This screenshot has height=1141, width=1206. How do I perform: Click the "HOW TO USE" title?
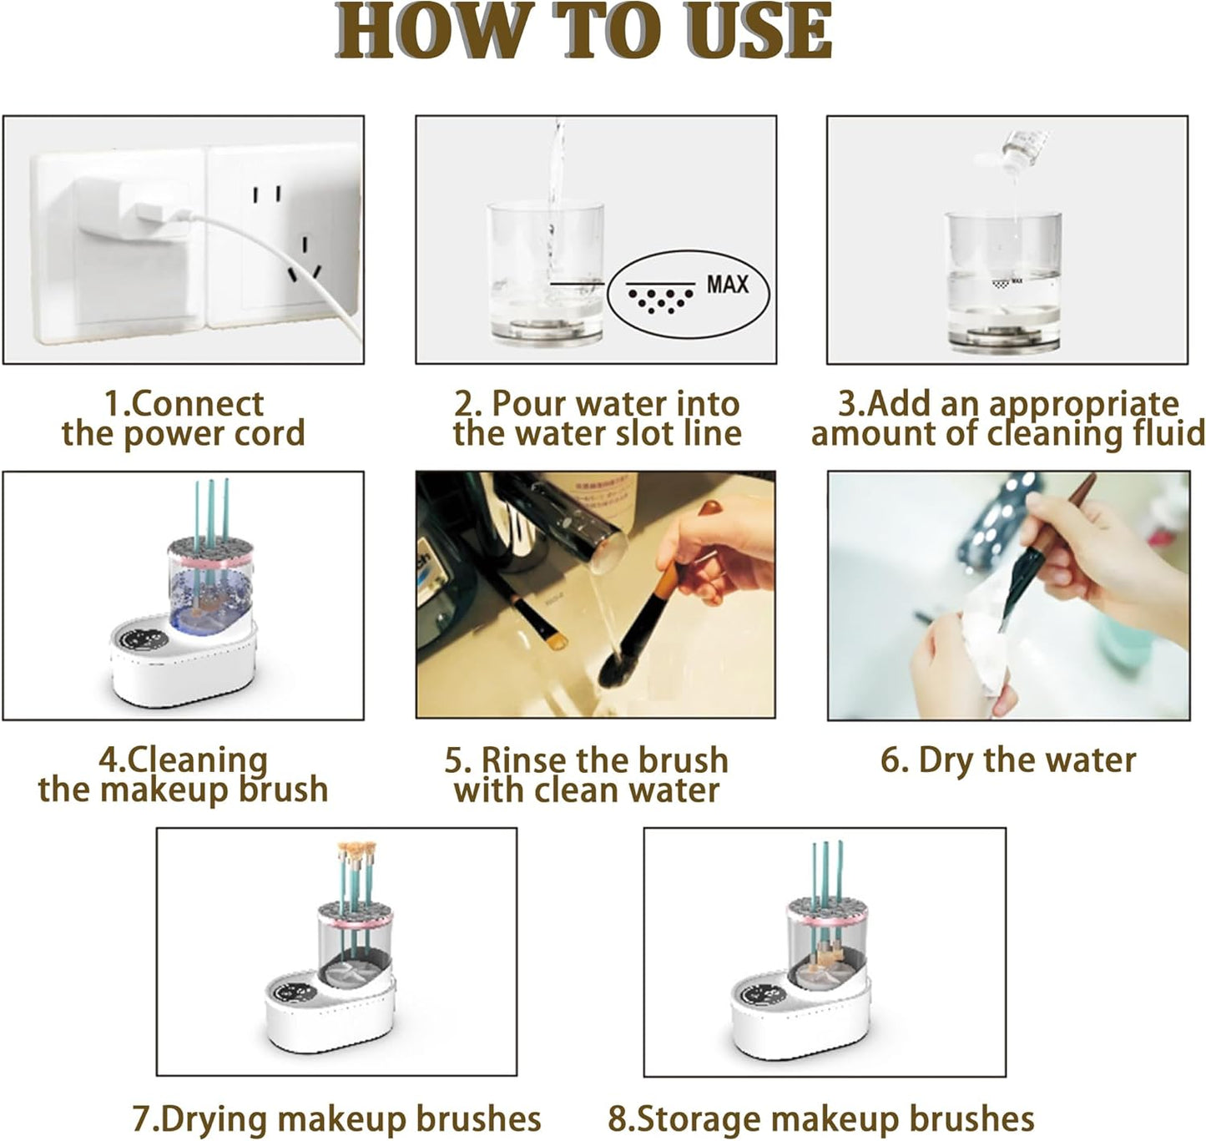[x=584, y=32]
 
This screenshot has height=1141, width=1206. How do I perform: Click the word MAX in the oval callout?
[x=727, y=285]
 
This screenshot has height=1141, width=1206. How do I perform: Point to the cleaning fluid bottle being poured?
[x=1023, y=150]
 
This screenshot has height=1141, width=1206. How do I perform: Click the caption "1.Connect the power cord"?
[x=183, y=419]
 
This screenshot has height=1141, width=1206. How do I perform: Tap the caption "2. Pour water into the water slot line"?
[x=597, y=419]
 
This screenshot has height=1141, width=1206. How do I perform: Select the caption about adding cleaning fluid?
[x=1008, y=419]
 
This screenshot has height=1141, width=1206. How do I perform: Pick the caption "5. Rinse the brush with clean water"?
[x=587, y=775]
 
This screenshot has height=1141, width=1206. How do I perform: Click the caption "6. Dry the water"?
[x=1008, y=760]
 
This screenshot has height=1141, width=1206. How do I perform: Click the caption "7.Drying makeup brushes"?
[x=336, y=1118]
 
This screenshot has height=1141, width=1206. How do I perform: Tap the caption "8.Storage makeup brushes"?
[x=820, y=1118]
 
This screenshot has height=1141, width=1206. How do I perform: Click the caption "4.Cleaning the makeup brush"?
[x=183, y=775]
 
